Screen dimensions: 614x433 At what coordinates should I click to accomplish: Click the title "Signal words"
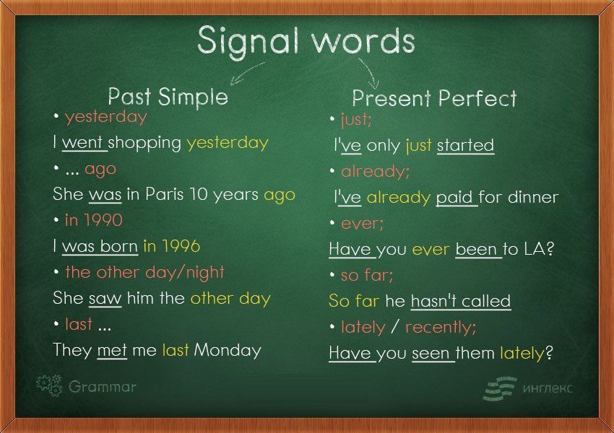pyautogui.click(x=306, y=41)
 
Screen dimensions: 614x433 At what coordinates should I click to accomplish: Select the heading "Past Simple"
pyautogui.click(x=168, y=96)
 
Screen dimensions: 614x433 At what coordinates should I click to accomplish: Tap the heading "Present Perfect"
pyautogui.click(x=434, y=97)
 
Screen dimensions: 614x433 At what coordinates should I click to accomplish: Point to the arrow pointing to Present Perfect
pyautogui.click(x=370, y=73)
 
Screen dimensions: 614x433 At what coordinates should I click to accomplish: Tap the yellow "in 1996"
pyautogui.click(x=172, y=245)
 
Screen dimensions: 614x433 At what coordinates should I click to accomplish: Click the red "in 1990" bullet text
pyautogui.click(x=94, y=220)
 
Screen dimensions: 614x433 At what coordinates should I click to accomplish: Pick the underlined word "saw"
pyautogui.click(x=105, y=298)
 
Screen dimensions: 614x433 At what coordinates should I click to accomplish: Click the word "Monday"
pyautogui.click(x=228, y=350)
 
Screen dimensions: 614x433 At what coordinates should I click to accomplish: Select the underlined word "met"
pyautogui.click(x=112, y=350)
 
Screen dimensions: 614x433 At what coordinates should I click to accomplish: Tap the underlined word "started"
pyautogui.click(x=465, y=145)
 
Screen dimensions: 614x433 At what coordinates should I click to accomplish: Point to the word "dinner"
pyautogui.click(x=533, y=197)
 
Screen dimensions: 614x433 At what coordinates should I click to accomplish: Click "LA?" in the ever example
pyautogui.click(x=540, y=249)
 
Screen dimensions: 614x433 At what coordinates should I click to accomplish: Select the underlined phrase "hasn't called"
pyautogui.click(x=461, y=301)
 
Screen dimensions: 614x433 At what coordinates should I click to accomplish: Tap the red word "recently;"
pyautogui.click(x=441, y=327)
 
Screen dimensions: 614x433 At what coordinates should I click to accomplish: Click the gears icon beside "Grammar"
pyautogui.click(x=49, y=385)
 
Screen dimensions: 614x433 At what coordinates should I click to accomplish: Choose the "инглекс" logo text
pyautogui.click(x=548, y=388)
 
